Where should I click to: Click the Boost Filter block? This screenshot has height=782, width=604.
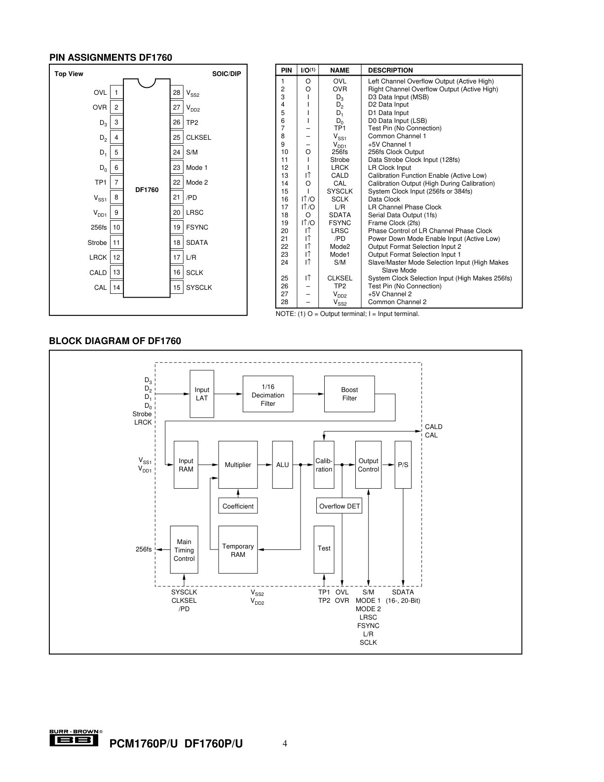coord(349,394)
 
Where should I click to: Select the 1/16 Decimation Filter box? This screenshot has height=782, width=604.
coord(268,394)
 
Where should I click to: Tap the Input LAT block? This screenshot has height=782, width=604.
coord(202,394)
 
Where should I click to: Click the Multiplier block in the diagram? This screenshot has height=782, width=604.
coord(238,465)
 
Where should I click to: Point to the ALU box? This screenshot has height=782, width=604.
coord(282,465)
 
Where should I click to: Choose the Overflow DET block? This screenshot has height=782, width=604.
coord(339,506)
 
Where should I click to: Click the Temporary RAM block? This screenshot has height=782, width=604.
coord(238,550)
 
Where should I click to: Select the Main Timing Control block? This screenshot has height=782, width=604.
coord(184,550)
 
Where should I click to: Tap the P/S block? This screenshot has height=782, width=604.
coord(403,465)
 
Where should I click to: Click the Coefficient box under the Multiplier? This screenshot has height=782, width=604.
coord(238,506)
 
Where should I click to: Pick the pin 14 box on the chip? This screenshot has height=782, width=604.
coord(116,287)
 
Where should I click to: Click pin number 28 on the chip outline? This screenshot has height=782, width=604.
coord(177,92)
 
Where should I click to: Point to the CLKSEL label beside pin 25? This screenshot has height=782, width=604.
coord(198,137)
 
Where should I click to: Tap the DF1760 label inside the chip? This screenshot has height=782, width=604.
coord(147,190)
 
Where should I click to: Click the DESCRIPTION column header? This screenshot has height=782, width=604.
coord(390,70)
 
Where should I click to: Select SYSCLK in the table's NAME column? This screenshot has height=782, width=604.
coord(340,192)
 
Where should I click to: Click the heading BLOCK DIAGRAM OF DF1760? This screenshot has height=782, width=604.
coord(115,341)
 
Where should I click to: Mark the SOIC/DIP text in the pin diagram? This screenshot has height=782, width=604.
coord(226,74)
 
